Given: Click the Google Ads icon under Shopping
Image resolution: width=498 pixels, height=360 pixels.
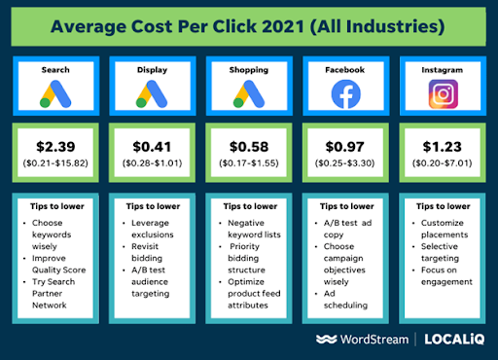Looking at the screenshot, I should (248, 93).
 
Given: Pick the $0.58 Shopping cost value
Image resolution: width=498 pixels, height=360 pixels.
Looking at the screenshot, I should (248, 146).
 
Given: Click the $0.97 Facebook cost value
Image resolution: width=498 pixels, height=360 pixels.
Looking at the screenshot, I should (345, 146).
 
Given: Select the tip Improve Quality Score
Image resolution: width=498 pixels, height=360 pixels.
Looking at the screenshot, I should (60, 265).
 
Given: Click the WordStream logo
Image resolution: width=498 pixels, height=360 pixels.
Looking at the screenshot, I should (360, 339).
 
